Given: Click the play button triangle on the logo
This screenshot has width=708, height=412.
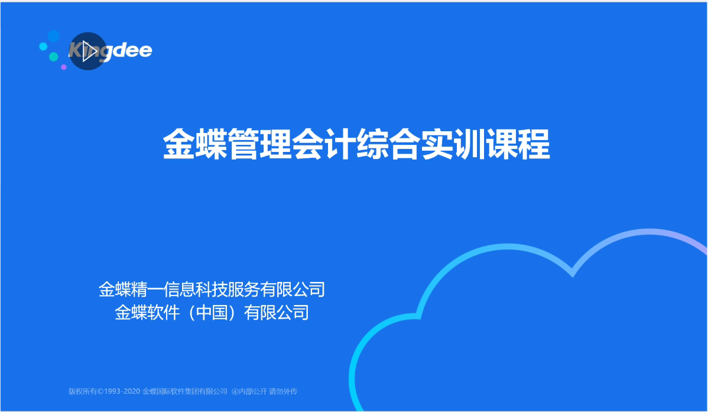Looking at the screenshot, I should pos(89,51).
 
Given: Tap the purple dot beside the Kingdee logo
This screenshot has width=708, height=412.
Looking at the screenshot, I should pos(64,67).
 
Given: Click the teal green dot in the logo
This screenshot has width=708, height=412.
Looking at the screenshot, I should pos(54,57).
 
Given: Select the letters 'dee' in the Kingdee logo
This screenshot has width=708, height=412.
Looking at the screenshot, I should pos(133,50).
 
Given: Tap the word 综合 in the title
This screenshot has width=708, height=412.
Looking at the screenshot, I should pos(388,145).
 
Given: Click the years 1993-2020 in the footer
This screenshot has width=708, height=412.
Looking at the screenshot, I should pos(122,391).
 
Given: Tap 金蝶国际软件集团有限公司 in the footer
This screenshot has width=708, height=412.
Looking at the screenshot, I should pos(185,391).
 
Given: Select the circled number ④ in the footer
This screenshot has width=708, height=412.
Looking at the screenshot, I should pos(235,391).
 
